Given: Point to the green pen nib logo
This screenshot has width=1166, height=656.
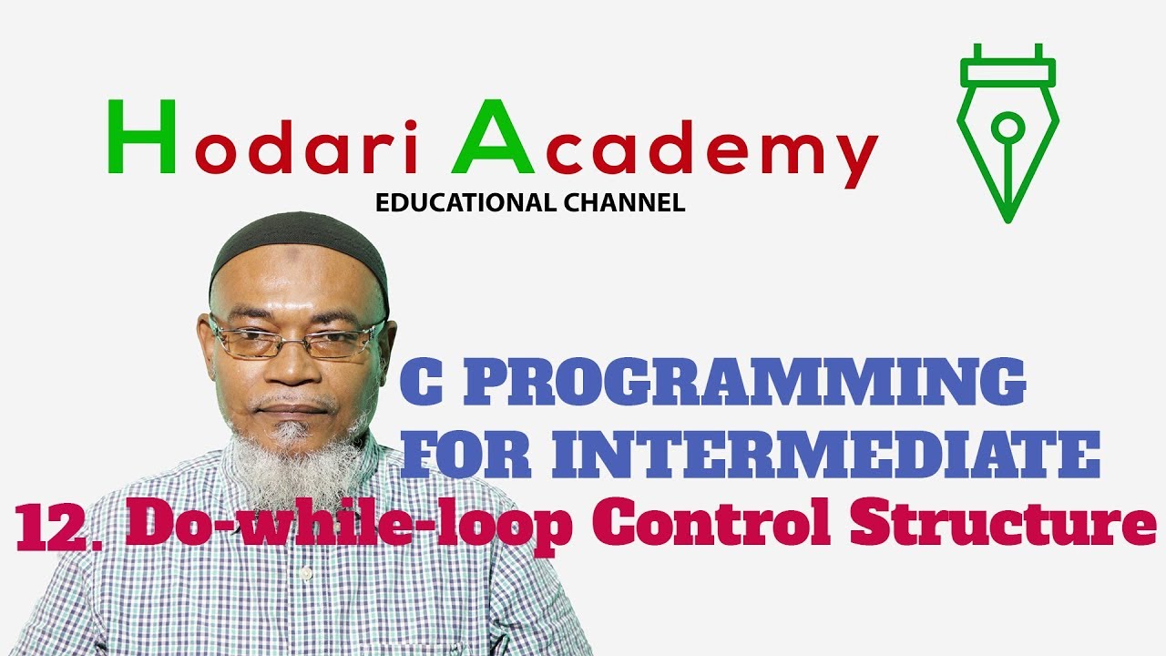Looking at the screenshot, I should point(1007,131).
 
